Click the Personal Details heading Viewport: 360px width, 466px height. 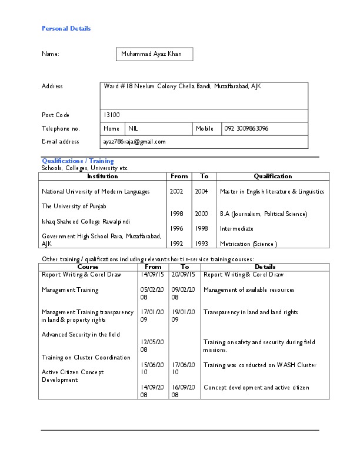(x=66, y=28)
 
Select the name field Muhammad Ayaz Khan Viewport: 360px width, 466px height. (x=151, y=54)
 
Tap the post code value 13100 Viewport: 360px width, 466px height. (x=111, y=115)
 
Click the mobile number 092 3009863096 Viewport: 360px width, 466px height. (x=246, y=128)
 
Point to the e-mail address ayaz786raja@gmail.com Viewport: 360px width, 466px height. (x=134, y=142)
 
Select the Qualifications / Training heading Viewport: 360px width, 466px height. (x=77, y=161)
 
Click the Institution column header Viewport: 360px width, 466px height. (x=102, y=176)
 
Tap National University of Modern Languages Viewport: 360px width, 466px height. (x=95, y=191)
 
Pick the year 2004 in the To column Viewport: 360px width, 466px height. (x=201, y=191)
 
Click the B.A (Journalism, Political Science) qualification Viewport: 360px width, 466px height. (x=263, y=214)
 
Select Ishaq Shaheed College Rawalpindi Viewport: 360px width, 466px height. (x=85, y=221)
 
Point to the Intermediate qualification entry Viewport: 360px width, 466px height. (x=236, y=229)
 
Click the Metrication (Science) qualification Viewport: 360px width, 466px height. (x=248, y=244)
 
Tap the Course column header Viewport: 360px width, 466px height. (x=88, y=267)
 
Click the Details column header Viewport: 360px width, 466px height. (x=265, y=267)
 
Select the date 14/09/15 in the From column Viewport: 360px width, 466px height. (x=152, y=274)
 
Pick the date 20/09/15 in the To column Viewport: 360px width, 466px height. (x=183, y=274)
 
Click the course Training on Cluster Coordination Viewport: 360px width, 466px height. (x=86, y=357)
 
